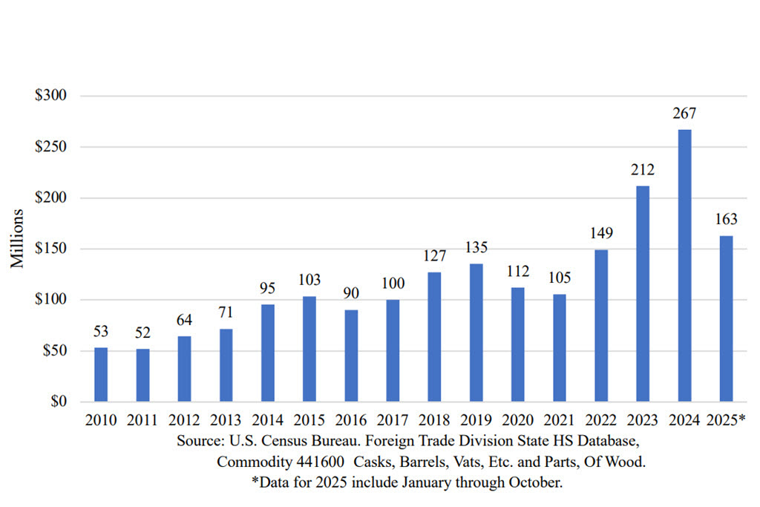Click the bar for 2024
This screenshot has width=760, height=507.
(x=684, y=266)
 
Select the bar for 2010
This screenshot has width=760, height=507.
(x=101, y=375)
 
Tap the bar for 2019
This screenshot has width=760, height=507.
(x=476, y=333)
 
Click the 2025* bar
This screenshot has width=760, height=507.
(x=726, y=318)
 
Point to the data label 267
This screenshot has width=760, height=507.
(x=684, y=114)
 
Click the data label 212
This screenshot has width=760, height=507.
(x=643, y=170)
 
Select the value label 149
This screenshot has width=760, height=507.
(x=601, y=234)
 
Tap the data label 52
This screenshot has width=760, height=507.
(x=142, y=333)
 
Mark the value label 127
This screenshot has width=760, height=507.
(x=434, y=256)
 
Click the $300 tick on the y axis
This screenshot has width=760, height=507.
(x=50, y=96)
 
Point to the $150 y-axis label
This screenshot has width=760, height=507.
(x=50, y=249)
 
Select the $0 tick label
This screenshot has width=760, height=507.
(x=56, y=402)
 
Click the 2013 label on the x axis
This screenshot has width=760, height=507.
(x=226, y=420)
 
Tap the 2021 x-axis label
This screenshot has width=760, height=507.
(x=559, y=420)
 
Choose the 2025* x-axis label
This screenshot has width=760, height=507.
(x=727, y=420)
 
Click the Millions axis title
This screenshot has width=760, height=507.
(x=18, y=239)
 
